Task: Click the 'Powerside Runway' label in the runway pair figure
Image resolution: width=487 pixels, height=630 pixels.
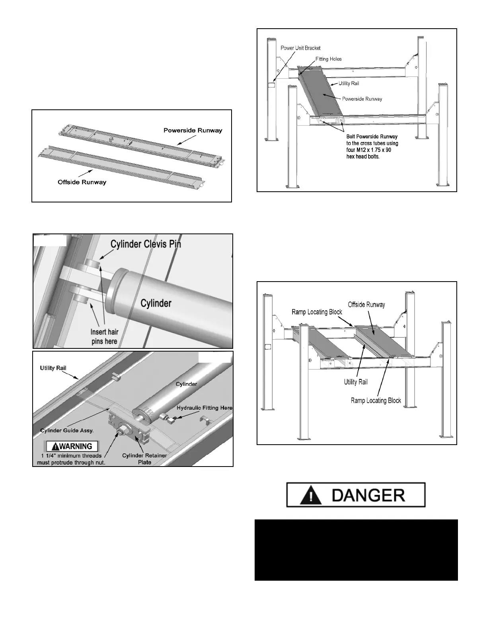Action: tap(193, 130)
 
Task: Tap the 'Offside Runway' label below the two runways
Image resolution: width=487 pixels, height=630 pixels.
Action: tap(82, 182)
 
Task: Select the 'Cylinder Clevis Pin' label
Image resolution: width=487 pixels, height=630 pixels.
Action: tap(146, 244)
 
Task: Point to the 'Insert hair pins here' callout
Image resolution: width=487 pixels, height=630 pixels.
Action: tap(104, 336)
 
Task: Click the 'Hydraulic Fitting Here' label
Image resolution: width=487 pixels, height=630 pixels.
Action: tap(205, 408)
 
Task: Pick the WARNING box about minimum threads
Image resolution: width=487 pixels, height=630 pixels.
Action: tap(72, 446)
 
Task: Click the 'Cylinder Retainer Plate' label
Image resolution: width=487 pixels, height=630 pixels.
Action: tap(144, 459)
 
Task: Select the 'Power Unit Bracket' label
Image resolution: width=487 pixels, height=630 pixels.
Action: tap(300, 48)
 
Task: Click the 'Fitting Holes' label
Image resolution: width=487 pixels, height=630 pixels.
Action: tap(328, 59)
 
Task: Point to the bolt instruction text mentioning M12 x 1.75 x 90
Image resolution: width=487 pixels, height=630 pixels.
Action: tap(372, 146)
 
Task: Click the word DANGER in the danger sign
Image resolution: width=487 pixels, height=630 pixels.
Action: tap(368, 495)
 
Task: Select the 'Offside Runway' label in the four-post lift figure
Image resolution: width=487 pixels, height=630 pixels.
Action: tap(366, 305)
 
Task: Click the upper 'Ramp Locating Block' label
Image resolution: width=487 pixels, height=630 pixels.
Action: tap(317, 312)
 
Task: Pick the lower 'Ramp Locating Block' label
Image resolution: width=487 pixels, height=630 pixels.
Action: tap(376, 400)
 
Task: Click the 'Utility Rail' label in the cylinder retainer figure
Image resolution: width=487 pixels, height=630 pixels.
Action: tap(53, 368)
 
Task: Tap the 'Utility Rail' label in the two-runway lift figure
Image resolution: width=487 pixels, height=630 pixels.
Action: tap(356, 382)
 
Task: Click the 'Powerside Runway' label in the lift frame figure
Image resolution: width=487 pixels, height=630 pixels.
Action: tap(362, 99)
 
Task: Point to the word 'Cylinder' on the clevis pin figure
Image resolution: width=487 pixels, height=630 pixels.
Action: tap(156, 303)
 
